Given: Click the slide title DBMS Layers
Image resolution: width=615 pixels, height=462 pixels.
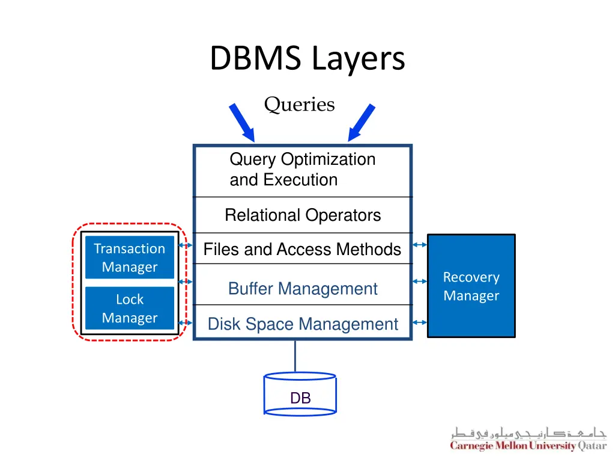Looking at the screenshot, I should pos(307,60).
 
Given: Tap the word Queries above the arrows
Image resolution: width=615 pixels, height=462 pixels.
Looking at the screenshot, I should pos(299,105).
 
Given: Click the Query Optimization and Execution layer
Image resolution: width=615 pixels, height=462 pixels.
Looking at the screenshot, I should pos(302,170).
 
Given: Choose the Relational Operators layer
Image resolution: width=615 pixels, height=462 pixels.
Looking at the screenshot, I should pos(302,215).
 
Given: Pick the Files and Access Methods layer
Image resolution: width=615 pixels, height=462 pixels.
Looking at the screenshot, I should pos(302,249).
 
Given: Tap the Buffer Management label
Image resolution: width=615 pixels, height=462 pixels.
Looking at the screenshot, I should pos(302,289).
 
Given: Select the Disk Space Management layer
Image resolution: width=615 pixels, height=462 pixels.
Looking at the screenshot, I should pos(302,324).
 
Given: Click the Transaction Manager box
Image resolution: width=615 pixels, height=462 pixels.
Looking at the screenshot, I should pos(129,257).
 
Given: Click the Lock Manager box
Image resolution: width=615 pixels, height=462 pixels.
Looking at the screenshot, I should pos(129,308).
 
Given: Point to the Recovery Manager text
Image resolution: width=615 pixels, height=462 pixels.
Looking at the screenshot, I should pos(471,286).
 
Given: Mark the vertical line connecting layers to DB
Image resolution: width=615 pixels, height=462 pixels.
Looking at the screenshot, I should pos(295,356).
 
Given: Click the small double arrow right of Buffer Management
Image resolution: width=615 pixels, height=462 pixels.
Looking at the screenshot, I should pos(420,281).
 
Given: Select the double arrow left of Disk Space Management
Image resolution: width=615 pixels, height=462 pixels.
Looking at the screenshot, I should pos(186,323).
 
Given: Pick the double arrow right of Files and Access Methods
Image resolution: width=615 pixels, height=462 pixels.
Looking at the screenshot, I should pos(420,245).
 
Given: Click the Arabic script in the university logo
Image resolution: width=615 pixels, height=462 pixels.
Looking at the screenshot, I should pos(529,433).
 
